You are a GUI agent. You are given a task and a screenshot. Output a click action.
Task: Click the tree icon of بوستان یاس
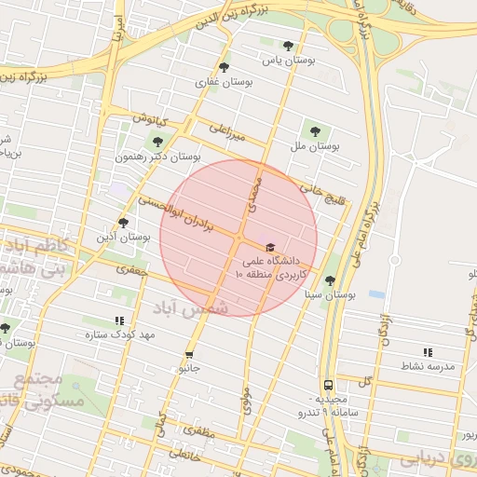[x=288, y=45]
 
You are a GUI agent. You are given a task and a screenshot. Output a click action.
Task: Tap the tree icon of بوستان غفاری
[x=224, y=66]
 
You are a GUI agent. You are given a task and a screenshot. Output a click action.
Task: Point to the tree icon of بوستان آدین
[x=123, y=222]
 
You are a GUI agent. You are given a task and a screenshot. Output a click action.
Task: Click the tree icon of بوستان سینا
[x=330, y=279]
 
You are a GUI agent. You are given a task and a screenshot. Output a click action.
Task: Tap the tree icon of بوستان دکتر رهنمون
[x=155, y=142]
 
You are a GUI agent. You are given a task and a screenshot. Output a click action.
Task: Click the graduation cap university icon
[x=270, y=247]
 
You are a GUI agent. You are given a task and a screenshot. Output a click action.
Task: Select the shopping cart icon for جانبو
[x=190, y=354]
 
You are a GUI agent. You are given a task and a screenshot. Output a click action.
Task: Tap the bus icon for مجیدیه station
[x=328, y=384]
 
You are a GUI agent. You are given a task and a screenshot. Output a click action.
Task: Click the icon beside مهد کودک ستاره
[x=119, y=320]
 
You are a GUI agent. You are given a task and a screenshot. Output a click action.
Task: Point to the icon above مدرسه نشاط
[x=428, y=352]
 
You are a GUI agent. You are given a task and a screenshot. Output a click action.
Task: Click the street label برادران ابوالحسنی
[x=176, y=212]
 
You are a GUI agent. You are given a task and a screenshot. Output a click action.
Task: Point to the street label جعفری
[x=132, y=269]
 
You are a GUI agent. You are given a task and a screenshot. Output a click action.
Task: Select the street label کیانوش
[x=149, y=120]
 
